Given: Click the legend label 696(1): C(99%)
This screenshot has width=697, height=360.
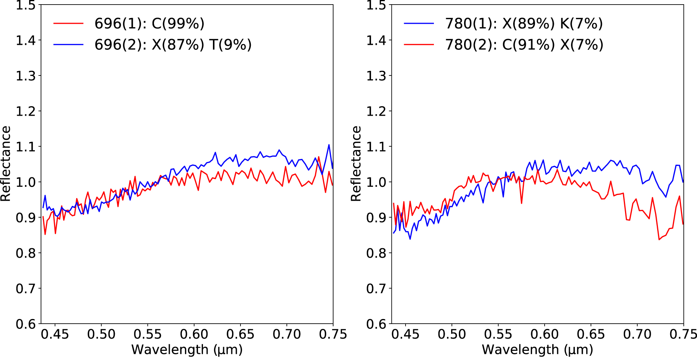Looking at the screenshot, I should point(149,24).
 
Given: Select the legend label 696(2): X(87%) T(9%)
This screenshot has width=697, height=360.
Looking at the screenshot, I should point(173,45).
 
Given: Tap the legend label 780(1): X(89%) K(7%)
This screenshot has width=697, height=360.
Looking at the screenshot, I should point(524,24).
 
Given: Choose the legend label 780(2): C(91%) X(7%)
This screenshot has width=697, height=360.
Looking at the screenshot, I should point(524,45).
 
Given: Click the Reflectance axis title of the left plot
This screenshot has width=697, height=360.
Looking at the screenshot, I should point(6,164).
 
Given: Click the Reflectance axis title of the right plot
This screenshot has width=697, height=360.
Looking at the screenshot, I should point(356,164).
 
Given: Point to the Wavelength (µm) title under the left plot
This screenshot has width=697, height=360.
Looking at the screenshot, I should point(187,349).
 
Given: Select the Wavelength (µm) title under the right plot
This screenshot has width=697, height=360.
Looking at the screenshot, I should point(537,349).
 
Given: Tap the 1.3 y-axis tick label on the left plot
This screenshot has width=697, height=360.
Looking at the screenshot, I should point(26,76).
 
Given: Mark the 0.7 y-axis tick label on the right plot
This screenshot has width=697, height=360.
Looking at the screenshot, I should point(376,288).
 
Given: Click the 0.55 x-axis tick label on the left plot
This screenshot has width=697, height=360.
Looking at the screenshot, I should point(147,334).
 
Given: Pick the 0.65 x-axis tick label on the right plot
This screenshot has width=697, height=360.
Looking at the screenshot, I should point(591,334).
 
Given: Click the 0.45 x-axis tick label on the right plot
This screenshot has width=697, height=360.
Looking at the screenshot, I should point(405,334).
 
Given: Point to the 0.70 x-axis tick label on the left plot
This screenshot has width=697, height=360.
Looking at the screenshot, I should point(287,334).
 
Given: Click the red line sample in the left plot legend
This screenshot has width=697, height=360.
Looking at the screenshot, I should point(68,24).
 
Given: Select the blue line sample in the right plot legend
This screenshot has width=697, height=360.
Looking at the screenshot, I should point(419,24).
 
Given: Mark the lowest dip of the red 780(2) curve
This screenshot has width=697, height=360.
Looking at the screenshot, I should point(659,240).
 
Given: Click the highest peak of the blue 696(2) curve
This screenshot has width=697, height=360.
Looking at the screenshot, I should point(329,145).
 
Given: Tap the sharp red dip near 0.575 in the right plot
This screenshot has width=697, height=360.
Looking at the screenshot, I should point(521,203).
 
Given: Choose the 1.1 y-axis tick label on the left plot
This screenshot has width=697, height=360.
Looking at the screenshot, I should point(26,147).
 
